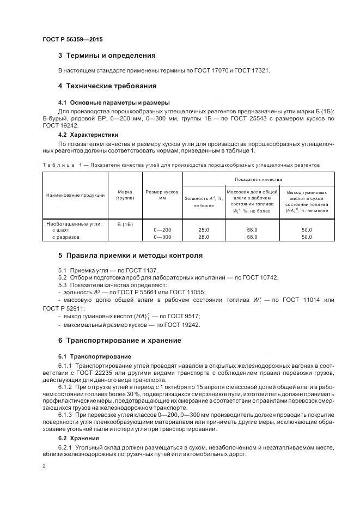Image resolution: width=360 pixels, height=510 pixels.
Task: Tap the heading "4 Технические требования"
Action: coord(107,86)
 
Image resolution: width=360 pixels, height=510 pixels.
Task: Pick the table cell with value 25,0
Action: coord(204,230)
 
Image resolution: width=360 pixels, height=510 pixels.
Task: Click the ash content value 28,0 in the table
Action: coord(204,237)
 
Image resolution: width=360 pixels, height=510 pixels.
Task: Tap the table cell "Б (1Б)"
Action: coord(125,224)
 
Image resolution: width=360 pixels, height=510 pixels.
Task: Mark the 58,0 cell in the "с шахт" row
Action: coord(252,230)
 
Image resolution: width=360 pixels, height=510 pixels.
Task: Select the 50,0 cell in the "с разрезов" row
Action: coord(307,237)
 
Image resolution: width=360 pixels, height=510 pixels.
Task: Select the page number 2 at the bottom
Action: coord(44,466)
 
